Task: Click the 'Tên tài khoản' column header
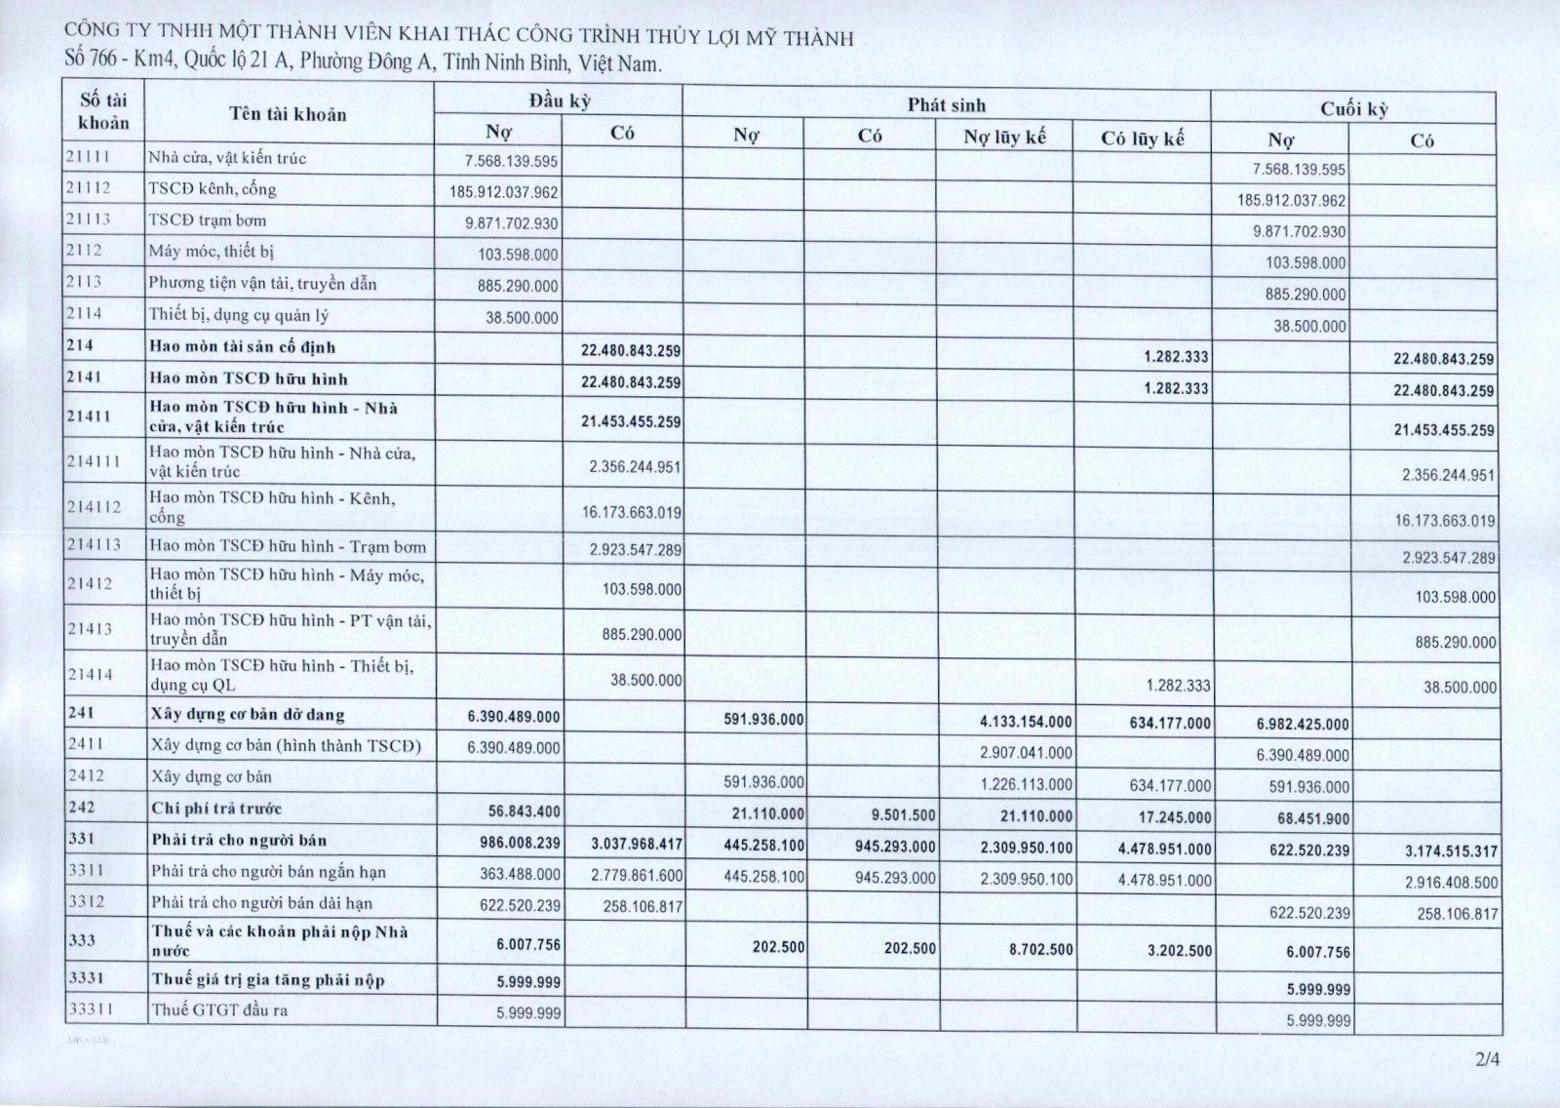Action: click(x=288, y=114)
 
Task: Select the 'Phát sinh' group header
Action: click(x=946, y=105)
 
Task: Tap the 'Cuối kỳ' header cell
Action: click(x=1353, y=109)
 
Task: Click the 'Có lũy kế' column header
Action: click(x=1143, y=138)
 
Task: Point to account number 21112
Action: click(x=89, y=188)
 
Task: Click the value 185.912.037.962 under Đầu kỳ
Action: click(x=504, y=192)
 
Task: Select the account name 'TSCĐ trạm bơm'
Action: click(x=207, y=220)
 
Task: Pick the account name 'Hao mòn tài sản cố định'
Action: click(x=243, y=347)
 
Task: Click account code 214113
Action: click(x=95, y=544)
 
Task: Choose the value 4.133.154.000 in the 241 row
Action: click(x=1026, y=722)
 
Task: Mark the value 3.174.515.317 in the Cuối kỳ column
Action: click(x=1450, y=851)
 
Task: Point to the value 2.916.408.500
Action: click(x=1450, y=883)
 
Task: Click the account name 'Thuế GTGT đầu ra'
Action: click(x=219, y=1010)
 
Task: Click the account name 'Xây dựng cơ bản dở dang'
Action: click(x=248, y=715)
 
